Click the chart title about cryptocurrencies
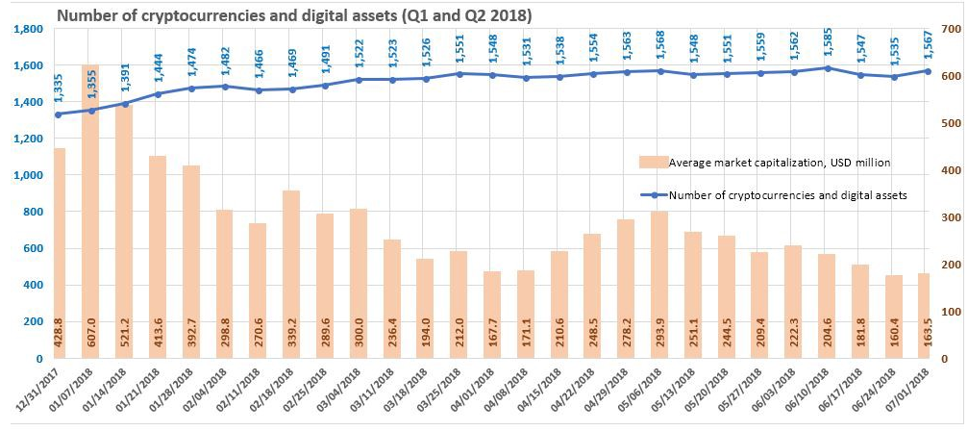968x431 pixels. [x=294, y=16]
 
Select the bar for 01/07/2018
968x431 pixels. [x=90, y=212]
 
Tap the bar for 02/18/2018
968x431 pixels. [x=292, y=274]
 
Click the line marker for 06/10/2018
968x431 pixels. [x=828, y=68]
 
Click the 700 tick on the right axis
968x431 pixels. [x=948, y=29]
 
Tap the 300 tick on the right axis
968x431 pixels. [x=948, y=217]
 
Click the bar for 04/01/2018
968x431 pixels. [x=492, y=315]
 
